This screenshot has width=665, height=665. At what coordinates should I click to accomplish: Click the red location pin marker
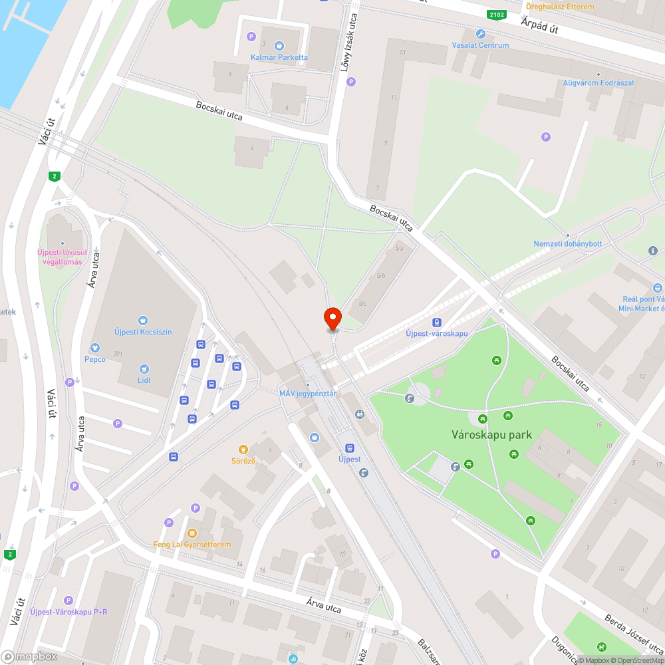(332, 319)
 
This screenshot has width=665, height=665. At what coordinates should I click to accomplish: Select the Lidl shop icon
(143, 369)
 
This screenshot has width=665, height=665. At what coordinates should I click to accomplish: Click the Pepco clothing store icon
(94, 348)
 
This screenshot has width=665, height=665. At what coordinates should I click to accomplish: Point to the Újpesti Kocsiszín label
(143, 331)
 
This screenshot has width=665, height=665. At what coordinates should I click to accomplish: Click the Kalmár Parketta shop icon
(279, 45)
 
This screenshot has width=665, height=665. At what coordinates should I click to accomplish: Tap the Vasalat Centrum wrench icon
(480, 34)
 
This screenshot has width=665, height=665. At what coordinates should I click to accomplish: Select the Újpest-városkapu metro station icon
(436, 321)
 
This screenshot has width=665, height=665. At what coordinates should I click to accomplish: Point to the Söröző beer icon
(244, 449)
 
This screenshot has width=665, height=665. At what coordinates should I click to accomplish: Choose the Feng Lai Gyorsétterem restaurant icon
(192, 533)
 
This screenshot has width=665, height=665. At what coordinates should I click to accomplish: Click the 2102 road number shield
(495, 15)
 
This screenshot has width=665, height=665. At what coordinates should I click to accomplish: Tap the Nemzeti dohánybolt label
(567, 243)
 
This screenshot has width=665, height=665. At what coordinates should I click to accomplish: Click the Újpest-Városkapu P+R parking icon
(68, 600)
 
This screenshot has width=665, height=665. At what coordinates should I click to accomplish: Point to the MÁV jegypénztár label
(308, 394)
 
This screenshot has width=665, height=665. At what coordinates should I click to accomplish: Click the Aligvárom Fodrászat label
(598, 82)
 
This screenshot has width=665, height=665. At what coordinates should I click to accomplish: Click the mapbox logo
(29, 656)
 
